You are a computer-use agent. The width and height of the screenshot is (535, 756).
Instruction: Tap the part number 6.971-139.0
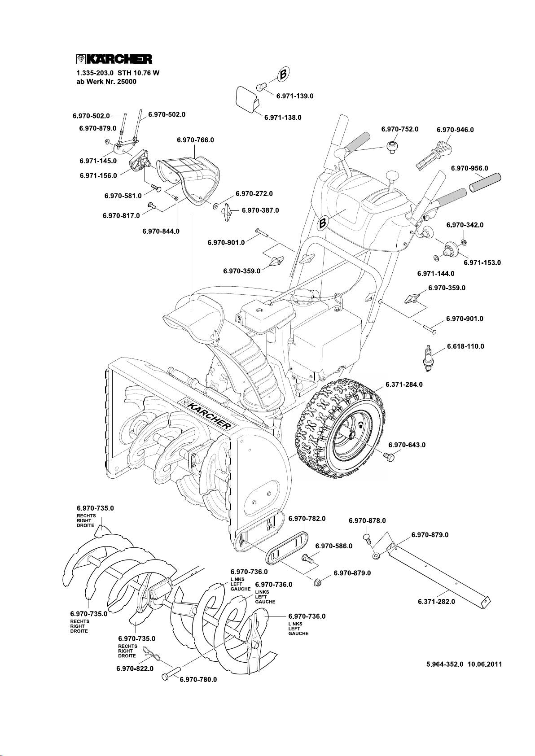click(294, 96)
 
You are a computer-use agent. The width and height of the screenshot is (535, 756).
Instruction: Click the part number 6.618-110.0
click(465, 346)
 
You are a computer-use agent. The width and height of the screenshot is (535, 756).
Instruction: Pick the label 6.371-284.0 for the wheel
click(404, 385)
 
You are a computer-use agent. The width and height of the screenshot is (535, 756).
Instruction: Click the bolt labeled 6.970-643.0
click(389, 457)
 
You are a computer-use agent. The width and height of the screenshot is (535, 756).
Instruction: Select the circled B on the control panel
click(323, 223)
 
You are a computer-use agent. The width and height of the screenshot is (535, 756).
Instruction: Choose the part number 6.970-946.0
click(455, 130)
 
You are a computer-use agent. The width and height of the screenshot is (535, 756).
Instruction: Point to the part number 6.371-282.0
click(436, 602)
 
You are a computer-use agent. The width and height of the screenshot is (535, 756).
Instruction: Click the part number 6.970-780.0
click(198, 679)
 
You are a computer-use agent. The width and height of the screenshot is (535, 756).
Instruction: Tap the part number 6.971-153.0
click(482, 262)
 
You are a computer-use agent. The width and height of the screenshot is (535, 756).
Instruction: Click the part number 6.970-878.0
click(367, 521)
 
